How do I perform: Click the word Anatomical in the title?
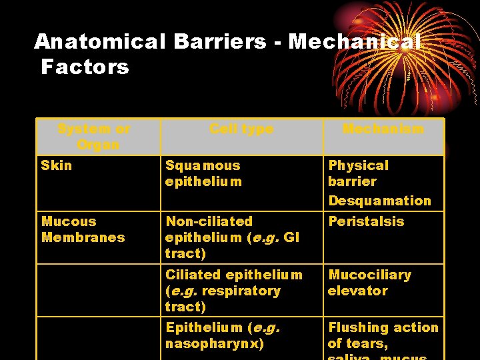(99, 42)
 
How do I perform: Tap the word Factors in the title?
(85, 67)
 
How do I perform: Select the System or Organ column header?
(94, 137)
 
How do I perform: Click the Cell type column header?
(241, 129)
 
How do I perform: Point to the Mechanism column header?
(383, 129)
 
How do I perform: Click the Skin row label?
(57, 165)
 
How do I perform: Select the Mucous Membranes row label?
(83, 229)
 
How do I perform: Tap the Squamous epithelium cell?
(203, 173)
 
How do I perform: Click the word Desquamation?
(379, 201)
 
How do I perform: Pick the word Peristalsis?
(366, 221)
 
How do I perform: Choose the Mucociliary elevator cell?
(369, 283)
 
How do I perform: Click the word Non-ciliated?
(209, 221)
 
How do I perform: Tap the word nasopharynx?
(215, 344)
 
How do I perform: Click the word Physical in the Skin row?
(358, 165)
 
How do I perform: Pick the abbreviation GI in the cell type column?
(291, 237)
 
